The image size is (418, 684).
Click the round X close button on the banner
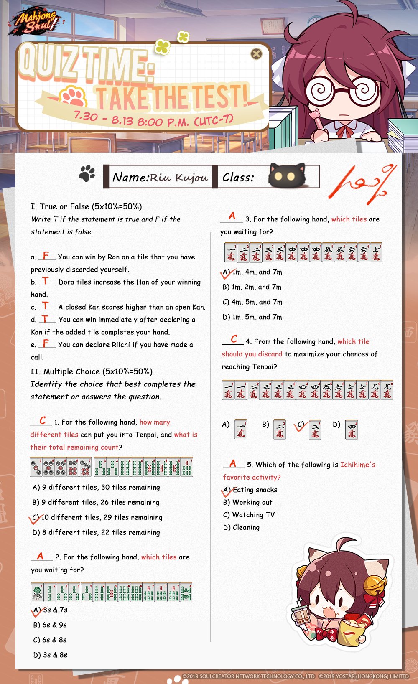click(256, 54)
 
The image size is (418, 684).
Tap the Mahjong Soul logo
click(37, 23)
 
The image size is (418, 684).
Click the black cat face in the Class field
click(286, 175)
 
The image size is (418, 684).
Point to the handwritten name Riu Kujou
click(179, 178)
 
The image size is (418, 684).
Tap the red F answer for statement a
click(46, 255)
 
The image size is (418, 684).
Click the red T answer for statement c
click(46, 305)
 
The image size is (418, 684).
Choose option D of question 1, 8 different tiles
click(96, 532)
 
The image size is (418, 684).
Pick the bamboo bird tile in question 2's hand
click(37, 592)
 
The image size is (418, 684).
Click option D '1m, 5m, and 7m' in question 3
click(252, 317)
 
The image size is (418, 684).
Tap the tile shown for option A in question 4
click(241, 429)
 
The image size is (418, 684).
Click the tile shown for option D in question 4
click(352, 429)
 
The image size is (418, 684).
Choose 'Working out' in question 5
click(248, 502)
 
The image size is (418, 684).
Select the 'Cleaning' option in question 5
click(242, 527)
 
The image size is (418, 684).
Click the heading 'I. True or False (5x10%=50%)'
click(86, 206)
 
